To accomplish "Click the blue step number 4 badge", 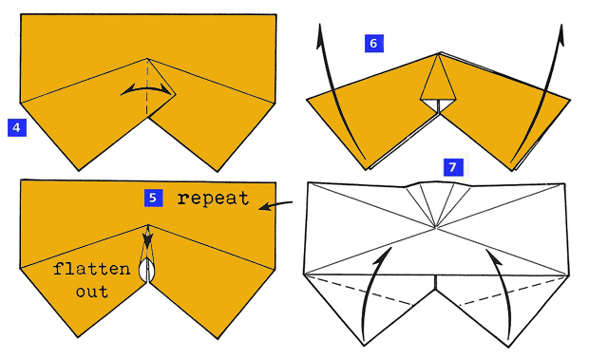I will [x=15, y=125].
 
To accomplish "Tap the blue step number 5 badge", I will [x=153, y=198].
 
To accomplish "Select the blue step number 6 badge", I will [x=373, y=43].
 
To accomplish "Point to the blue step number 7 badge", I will [x=452, y=167].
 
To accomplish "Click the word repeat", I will [x=213, y=199].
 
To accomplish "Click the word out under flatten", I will [x=93, y=292].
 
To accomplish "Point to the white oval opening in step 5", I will [x=146, y=272].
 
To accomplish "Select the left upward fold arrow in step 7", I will [x=374, y=285].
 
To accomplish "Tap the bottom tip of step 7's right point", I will [x=509, y=345].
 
